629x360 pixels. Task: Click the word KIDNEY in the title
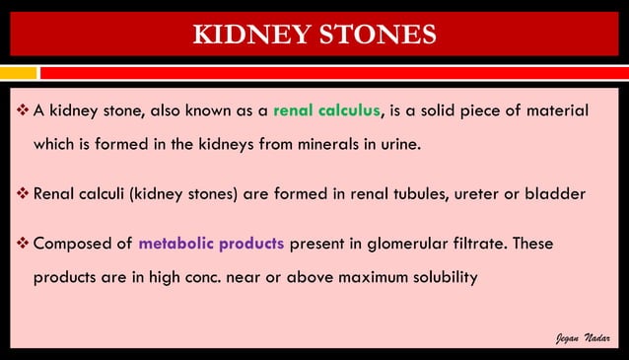tap(250, 35)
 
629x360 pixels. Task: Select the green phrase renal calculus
tap(326, 108)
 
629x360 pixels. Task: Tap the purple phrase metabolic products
tap(211, 243)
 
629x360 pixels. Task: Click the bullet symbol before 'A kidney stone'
tap(24, 108)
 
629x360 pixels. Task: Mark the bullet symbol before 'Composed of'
tap(24, 243)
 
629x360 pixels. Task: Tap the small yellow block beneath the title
tap(18, 73)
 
